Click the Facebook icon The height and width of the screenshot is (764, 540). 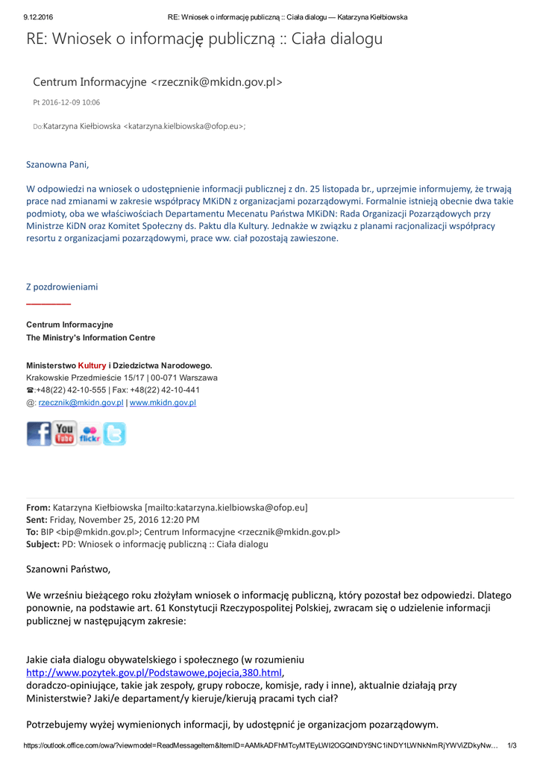click(x=39, y=433)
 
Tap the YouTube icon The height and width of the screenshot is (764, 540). click(x=65, y=433)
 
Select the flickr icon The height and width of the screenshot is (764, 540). click(x=90, y=433)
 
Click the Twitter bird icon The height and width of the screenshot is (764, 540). click(x=114, y=433)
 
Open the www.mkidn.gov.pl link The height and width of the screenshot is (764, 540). click(x=163, y=402)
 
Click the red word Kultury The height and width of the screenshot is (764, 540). click(x=92, y=366)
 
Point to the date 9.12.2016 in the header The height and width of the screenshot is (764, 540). click(x=39, y=16)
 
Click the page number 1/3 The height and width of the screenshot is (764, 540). click(x=512, y=745)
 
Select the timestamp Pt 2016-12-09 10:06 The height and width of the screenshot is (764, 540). click(x=66, y=102)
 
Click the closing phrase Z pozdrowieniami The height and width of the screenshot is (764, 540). click(x=62, y=286)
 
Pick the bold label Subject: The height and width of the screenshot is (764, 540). click(x=43, y=544)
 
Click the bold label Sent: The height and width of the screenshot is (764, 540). click(x=37, y=519)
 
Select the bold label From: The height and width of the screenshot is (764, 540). click(x=38, y=507)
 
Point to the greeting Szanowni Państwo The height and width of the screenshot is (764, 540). click(x=68, y=569)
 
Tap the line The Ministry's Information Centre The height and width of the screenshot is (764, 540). click(x=90, y=338)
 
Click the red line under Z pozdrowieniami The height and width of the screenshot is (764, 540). click(x=48, y=304)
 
